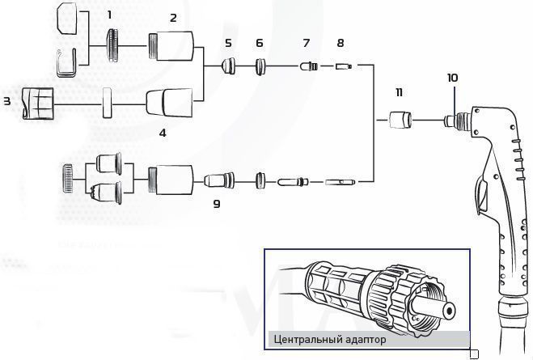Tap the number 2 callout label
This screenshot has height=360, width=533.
(172, 17)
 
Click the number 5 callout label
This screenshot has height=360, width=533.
(228, 41)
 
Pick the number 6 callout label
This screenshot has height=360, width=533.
(259, 41)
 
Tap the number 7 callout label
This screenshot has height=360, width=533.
(306, 41)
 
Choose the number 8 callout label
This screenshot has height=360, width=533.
(340, 41)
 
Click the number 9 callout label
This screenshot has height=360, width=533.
(217, 205)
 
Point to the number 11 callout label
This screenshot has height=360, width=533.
(398, 93)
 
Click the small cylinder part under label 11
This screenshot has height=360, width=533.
(398, 121)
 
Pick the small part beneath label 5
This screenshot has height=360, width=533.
(229, 65)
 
